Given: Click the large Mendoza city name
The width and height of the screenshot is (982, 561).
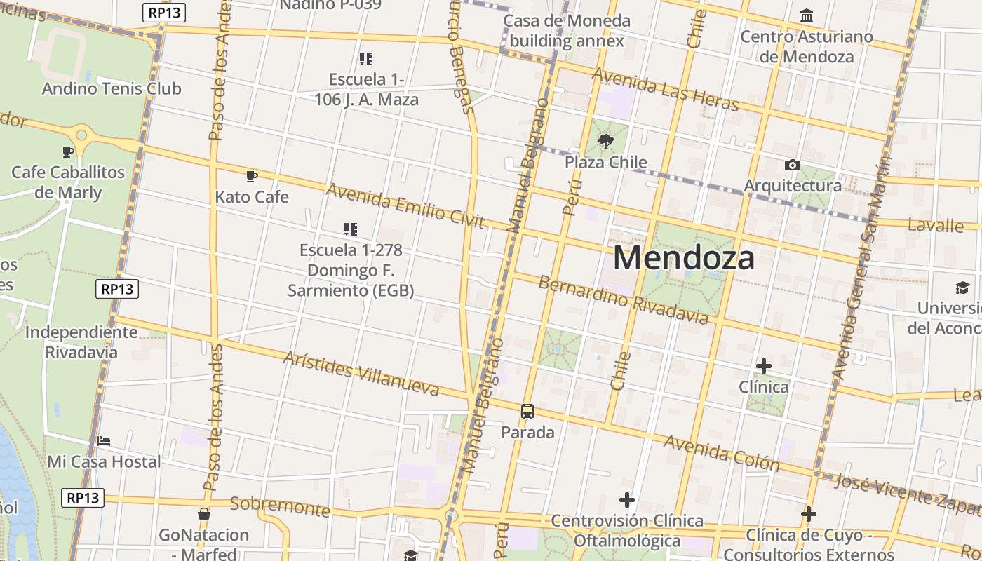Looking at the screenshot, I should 684,257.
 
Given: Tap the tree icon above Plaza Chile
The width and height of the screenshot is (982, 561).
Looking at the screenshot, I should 606,142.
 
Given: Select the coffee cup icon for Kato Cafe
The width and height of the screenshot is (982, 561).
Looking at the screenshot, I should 252,176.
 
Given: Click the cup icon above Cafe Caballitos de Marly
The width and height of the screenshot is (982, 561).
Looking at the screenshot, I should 68,151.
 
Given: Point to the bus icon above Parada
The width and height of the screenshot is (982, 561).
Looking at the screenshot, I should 527,412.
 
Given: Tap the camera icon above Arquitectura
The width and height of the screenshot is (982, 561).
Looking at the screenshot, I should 793,165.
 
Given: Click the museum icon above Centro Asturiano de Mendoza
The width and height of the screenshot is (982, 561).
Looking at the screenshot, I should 807,15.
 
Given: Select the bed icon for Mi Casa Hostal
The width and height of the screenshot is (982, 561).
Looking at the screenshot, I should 104,441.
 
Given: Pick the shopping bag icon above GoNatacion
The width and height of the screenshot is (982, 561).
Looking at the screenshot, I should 204,514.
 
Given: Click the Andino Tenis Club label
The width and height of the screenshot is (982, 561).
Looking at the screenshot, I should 112,89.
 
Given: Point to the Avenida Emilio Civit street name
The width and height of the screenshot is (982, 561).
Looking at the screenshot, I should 405,206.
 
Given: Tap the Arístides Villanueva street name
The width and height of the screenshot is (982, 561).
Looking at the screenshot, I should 361,373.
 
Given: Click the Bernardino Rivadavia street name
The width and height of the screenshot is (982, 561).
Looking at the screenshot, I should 624,300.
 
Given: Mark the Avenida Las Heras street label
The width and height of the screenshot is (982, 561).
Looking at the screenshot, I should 666,89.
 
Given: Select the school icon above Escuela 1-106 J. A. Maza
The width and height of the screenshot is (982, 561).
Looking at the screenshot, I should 365,58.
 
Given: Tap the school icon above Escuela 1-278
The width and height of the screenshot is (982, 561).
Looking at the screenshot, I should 351,229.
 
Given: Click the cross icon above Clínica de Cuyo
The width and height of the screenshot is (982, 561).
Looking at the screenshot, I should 808,514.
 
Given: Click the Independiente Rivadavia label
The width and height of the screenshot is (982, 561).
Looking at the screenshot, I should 81,342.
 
